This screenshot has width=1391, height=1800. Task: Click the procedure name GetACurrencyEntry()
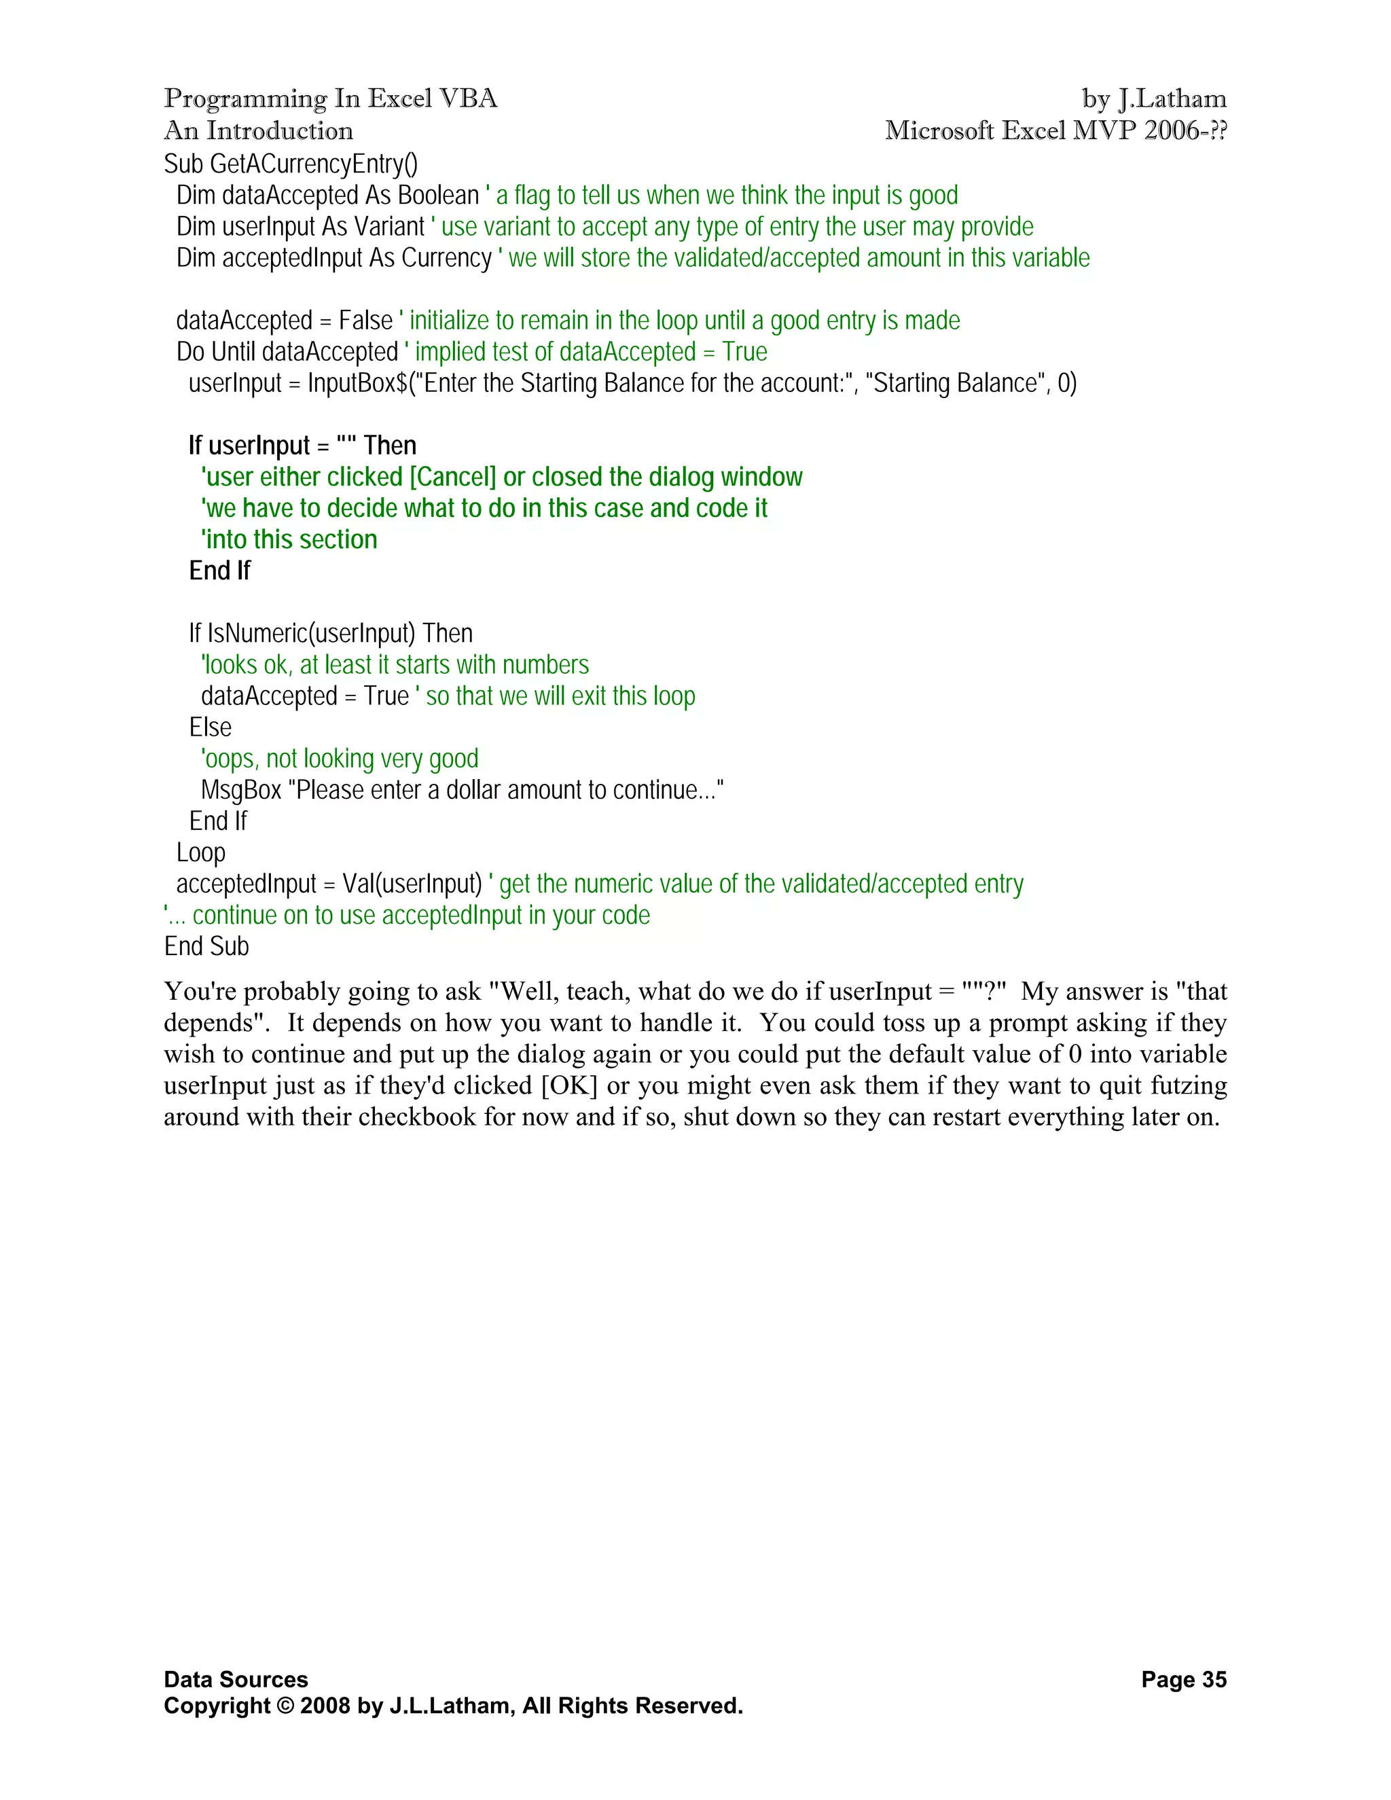pos(314,164)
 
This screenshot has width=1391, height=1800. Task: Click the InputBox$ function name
pos(357,383)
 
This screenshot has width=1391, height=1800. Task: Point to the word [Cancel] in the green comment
pos(452,478)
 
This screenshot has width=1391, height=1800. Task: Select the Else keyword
pos(210,727)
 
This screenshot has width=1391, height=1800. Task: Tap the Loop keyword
pos(200,853)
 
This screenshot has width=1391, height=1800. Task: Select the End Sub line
pos(206,947)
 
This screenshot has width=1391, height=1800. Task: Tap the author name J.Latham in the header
pos(1172,99)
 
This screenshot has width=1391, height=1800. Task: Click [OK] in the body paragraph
pos(569,1085)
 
